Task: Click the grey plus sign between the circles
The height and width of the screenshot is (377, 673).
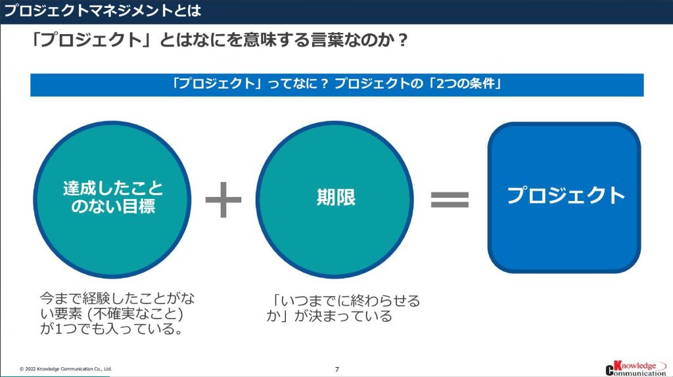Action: [223, 198]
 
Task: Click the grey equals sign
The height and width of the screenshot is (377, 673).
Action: [450, 198]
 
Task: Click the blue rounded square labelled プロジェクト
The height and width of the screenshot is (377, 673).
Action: [564, 197]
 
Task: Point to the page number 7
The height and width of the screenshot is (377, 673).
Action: [336, 369]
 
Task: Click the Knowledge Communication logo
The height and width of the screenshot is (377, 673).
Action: [635, 368]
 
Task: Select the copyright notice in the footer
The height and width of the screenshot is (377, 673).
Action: [66, 369]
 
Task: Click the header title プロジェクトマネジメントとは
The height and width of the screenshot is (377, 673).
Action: [103, 11]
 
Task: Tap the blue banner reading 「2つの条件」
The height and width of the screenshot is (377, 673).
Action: [336, 85]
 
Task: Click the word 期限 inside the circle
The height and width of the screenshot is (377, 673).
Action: [335, 198]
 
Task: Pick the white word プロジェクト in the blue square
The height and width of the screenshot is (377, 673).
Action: [565, 195]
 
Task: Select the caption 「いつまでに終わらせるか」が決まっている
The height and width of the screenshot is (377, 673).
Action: [342, 308]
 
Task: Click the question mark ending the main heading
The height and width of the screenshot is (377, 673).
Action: [403, 41]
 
